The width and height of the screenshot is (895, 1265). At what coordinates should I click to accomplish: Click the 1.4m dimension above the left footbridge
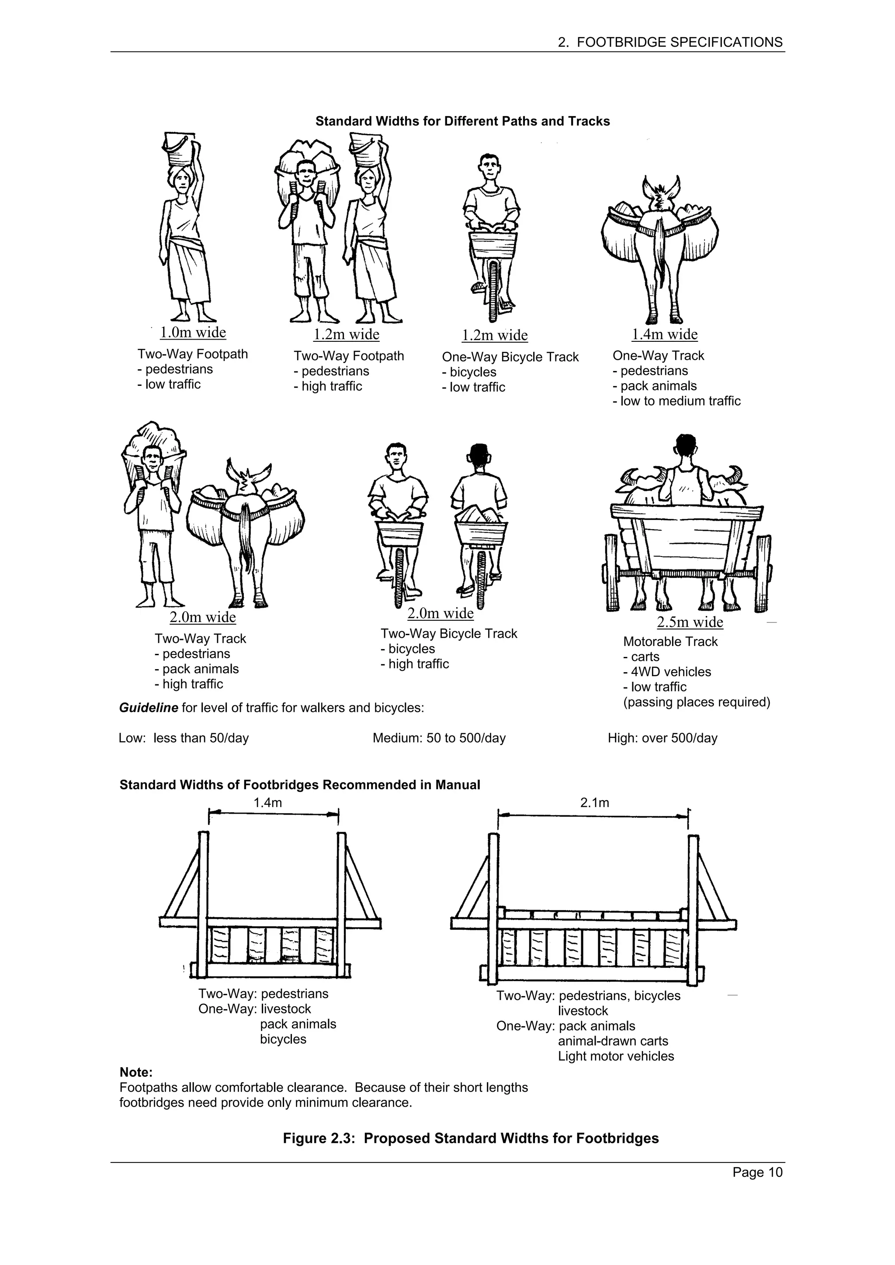pos(267,803)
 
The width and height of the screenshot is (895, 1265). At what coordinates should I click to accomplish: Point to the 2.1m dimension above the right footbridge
pos(594,803)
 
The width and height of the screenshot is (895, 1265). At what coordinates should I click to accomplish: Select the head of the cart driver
pos(685,445)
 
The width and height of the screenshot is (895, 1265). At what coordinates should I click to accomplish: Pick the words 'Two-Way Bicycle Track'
pos(448,634)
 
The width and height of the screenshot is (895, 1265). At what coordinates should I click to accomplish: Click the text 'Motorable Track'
pos(670,642)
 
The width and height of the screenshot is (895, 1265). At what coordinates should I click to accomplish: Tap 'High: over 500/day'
pos(662,738)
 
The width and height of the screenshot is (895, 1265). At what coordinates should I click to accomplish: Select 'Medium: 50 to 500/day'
pos(439,738)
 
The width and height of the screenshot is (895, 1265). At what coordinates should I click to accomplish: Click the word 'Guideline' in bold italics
pos(148,708)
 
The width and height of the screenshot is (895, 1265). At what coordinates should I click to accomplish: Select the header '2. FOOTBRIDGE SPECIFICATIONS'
pos(670,42)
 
